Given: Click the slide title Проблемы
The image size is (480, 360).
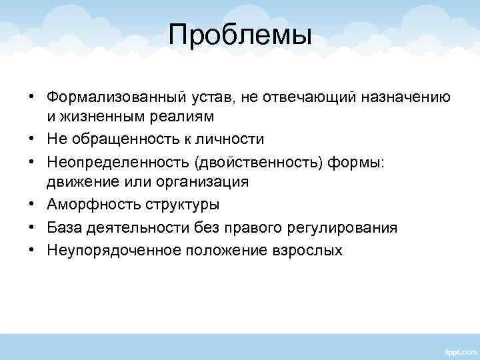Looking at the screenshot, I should click(x=240, y=35).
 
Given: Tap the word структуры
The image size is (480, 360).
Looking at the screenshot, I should click(x=173, y=205).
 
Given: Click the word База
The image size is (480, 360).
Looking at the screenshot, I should click(x=65, y=228).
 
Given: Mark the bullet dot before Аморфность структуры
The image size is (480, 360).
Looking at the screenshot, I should click(x=32, y=205).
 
